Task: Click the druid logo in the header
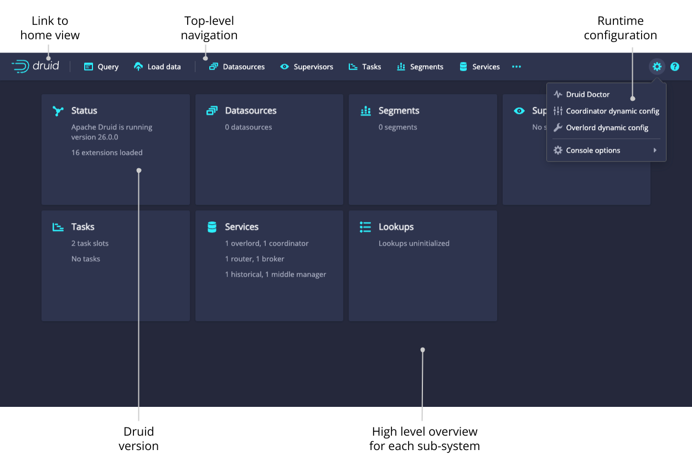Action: [35, 66]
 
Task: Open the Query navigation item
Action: [101, 66]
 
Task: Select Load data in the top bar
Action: [158, 66]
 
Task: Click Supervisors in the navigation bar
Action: [307, 66]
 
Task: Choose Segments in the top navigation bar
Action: [420, 66]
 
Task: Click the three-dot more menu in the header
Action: [517, 66]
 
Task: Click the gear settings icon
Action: [657, 66]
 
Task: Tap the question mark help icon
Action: [675, 66]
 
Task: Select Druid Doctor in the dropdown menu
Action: [587, 95]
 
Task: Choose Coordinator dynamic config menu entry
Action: [612, 111]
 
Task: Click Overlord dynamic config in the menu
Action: [606, 128]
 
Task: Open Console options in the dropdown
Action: [593, 151]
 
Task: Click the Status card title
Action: [84, 111]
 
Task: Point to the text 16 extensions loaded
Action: [107, 153]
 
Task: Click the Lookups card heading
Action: [396, 227]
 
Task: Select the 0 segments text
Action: [397, 127]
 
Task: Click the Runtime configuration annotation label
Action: [620, 28]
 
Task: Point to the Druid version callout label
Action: [138, 438]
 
